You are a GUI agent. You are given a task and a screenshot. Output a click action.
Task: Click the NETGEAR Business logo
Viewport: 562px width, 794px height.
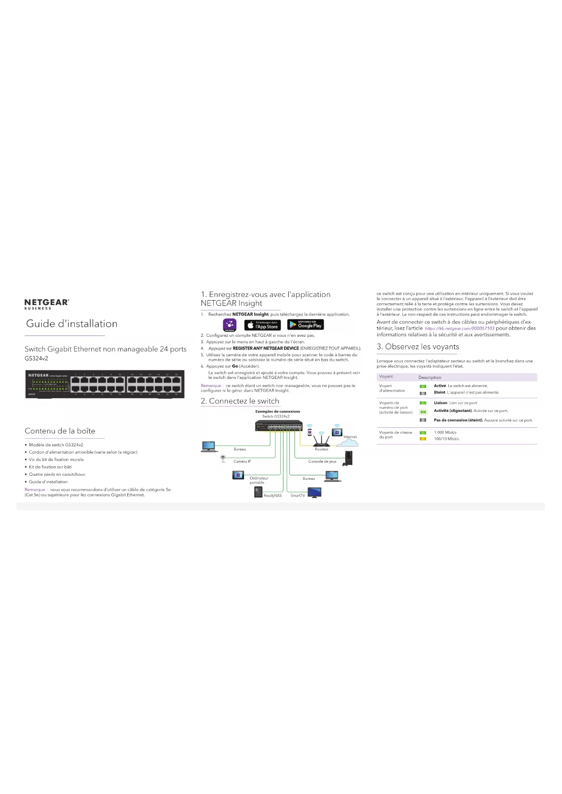(47, 304)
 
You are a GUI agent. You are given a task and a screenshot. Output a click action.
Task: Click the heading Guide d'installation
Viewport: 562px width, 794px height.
(72, 324)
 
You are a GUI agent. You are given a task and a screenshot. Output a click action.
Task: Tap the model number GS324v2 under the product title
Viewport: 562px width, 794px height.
(36, 359)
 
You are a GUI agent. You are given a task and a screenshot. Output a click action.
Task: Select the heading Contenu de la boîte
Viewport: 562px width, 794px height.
(60, 431)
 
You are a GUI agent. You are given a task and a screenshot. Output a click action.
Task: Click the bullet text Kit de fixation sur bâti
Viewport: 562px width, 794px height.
(50, 467)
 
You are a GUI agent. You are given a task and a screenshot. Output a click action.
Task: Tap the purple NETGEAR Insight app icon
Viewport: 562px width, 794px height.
(230, 325)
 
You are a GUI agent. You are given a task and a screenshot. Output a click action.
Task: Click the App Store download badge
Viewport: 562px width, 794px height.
(262, 325)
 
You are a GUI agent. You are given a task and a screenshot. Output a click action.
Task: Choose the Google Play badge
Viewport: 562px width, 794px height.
(306, 325)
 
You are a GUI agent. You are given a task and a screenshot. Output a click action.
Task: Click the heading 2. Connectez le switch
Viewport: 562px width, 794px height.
(240, 401)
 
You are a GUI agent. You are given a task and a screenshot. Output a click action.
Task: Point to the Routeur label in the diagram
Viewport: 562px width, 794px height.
(322, 449)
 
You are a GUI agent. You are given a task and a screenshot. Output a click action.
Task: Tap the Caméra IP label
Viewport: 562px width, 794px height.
(242, 461)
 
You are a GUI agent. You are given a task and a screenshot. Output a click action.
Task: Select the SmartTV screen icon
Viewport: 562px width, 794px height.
(314, 493)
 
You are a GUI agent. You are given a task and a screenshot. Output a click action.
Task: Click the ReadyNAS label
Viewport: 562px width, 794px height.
(273, 495)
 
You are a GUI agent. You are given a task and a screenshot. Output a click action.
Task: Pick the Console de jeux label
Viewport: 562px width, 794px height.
(322, 461)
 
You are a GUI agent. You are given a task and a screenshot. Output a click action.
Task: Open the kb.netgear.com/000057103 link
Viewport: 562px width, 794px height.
(460, 328)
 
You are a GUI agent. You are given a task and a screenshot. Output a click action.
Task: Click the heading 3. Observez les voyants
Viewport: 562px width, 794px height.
(418, 347)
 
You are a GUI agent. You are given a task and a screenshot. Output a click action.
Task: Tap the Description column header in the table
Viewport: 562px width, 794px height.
(430, 377)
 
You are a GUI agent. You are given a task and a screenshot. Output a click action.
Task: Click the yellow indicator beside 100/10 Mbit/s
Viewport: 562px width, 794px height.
(423, 439)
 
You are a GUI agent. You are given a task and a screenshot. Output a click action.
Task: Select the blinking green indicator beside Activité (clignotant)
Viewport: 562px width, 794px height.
(423, 411)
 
